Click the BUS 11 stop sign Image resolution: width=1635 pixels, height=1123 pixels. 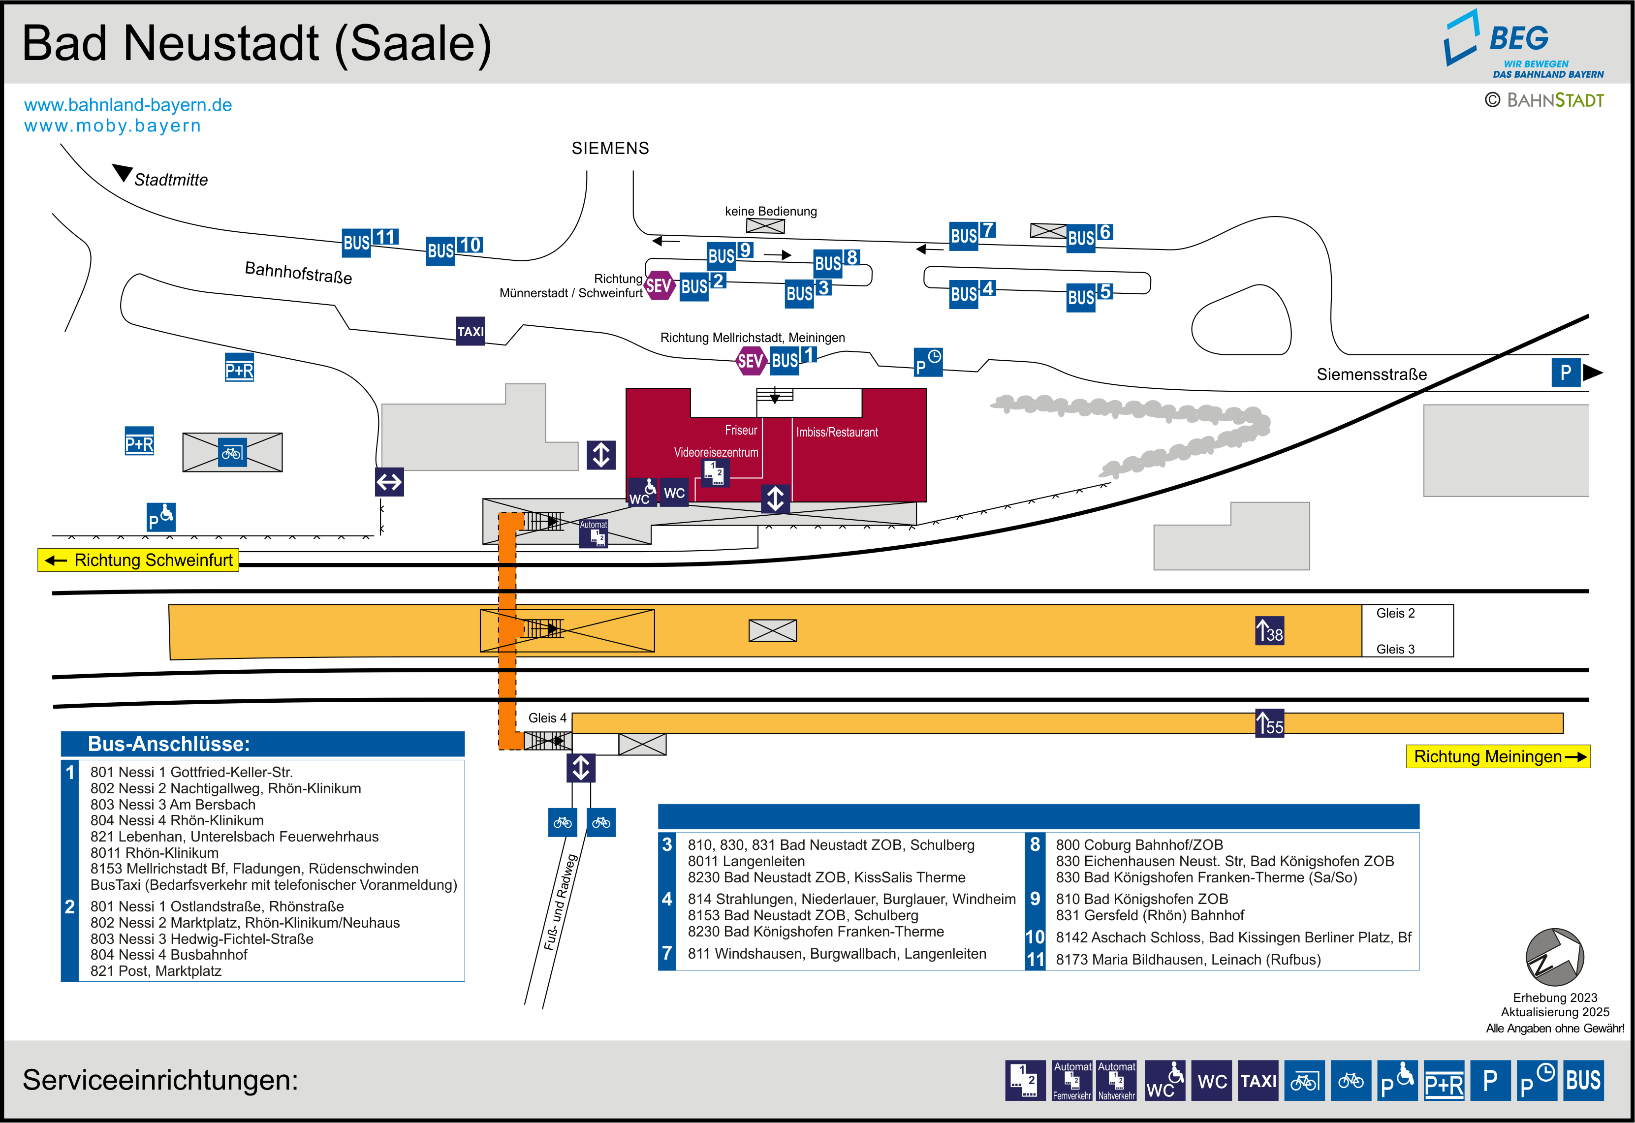click(370, 241)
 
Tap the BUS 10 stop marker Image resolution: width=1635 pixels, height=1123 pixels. click(454, 249)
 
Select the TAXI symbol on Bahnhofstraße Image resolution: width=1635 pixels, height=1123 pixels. click(470, 331)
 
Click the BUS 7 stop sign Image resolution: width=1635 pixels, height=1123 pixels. click(972, 234)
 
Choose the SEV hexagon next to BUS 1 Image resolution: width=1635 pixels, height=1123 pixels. click(750, 361)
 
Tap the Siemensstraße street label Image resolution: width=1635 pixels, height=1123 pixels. click(1371, 374)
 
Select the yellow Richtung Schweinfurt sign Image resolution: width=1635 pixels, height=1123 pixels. click(139, 560)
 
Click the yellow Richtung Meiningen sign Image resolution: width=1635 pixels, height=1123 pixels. click(1497, 756)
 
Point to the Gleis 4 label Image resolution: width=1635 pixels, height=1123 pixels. click(547, 717)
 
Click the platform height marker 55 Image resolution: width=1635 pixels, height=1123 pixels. click(1270, 723)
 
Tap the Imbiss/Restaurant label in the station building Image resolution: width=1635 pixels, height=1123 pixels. click(837, 432)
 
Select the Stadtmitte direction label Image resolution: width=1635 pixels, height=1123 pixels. click(170, 180)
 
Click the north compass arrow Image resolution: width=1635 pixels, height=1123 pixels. click(1554, 956)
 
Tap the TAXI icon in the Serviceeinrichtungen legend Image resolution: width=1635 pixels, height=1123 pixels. click(1258, 1080)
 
